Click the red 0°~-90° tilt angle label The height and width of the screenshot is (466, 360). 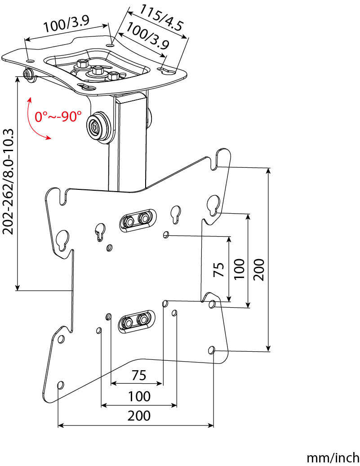pyautogui.click(x=58, y=116)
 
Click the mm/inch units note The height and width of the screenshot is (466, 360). pyautogui.click(x=333, y=458)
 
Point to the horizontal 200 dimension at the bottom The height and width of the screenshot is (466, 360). pyautogui.click(x=139, y=416)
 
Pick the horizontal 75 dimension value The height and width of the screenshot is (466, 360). pyautogui.click(x=139, y=376)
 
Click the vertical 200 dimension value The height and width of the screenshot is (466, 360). pyautogui.click(x=259, y=269)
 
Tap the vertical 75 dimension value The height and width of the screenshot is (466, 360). pyautogui.click(x=219, y=269)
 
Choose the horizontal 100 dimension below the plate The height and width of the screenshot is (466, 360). pyautogui.click(x=139, y=396)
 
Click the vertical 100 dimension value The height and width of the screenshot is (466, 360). pyautogui.click(x=240, y=269)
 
